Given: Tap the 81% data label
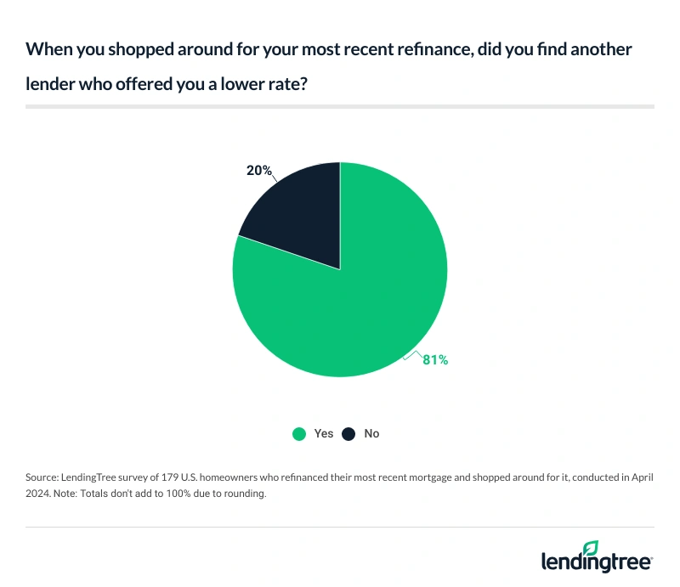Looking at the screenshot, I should (x=435, y=360).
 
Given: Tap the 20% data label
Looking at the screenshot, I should (x=258, y=171).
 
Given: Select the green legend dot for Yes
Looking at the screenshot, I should (x=299, y=433).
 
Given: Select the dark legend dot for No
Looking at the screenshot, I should (x=348, y=433).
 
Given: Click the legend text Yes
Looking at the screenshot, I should (x=324, y=433).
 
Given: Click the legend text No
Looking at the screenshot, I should (x=371, y=433).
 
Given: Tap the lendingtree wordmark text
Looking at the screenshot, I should (x=595, y=562).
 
